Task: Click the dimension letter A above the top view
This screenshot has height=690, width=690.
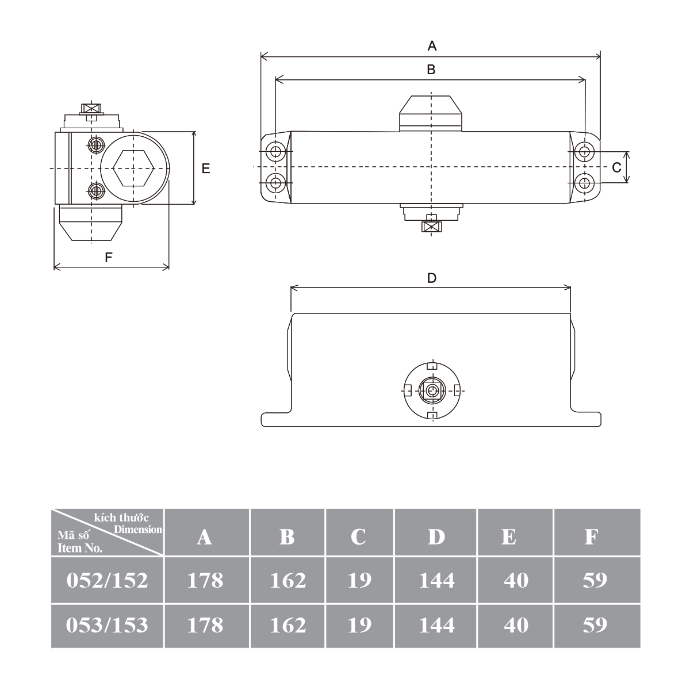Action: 432,46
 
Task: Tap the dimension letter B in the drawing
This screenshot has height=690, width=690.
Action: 431,70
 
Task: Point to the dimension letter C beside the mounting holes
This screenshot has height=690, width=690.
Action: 616,167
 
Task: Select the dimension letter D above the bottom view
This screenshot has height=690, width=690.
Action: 432,278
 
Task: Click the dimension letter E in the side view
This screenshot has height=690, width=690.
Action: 205,168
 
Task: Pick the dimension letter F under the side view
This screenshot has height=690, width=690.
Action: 109,257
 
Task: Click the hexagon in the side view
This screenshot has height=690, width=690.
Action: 133,168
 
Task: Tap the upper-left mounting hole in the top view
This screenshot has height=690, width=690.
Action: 275,151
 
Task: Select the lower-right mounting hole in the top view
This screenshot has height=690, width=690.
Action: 584,183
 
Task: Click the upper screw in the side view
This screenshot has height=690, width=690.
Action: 95,145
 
